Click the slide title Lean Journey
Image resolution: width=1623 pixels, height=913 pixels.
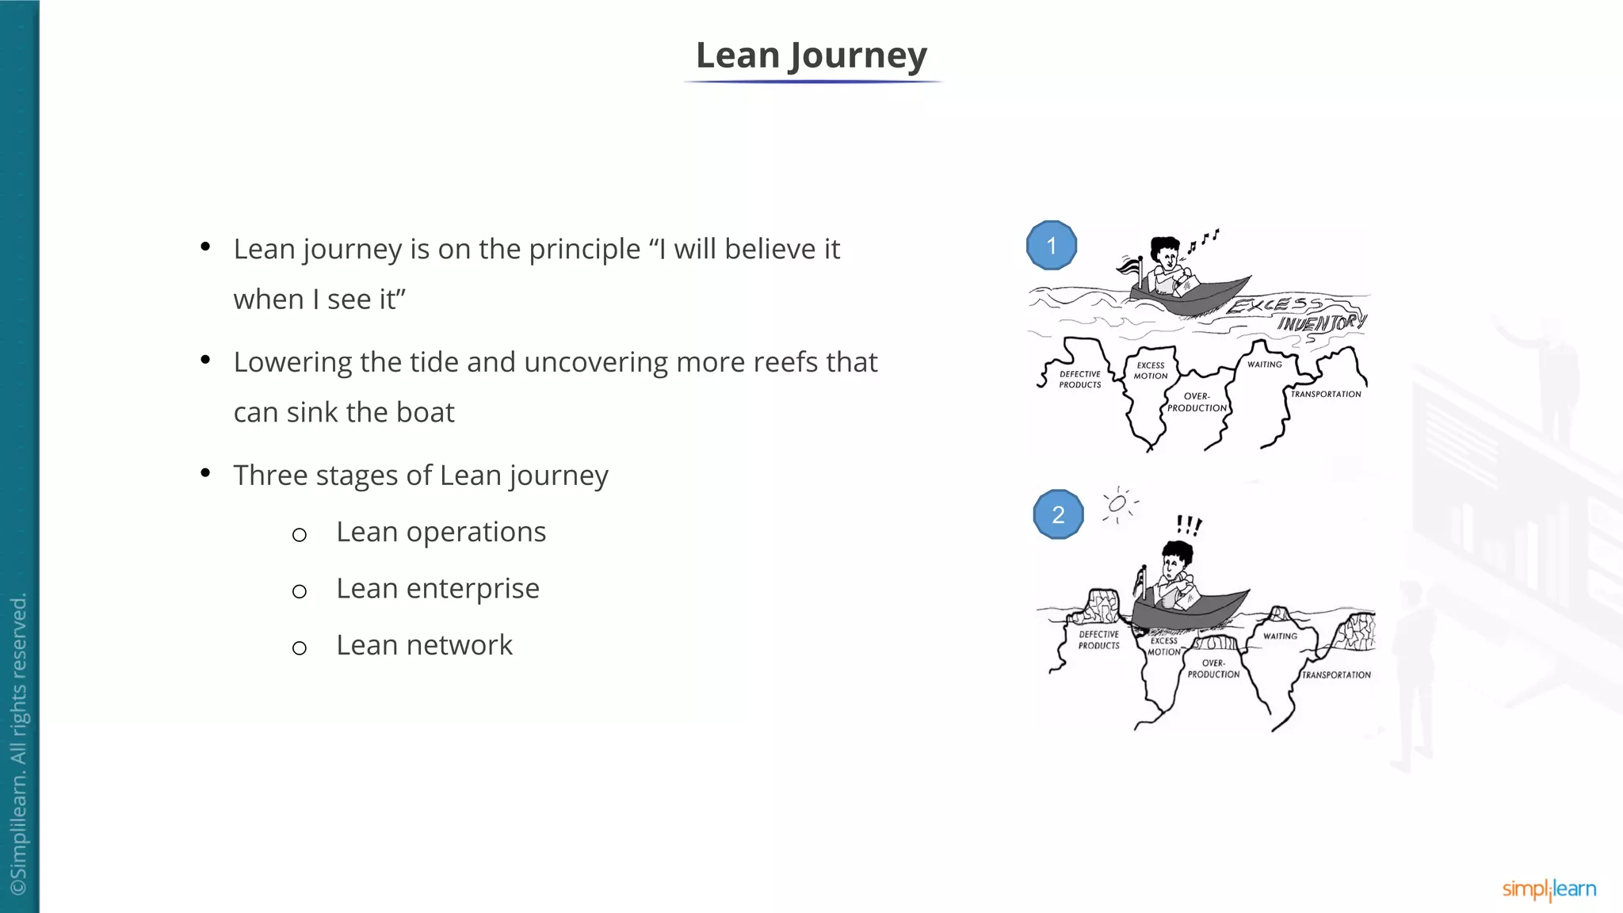click(x=811, y=55)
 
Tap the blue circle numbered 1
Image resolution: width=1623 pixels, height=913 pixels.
click(x=1052, y=246)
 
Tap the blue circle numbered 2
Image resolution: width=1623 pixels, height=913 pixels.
click(x=1058, y=515)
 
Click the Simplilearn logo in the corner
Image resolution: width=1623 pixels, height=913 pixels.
click(x=1549, y=889)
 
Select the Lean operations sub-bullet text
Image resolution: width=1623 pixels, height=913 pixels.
click(x=441, y=532)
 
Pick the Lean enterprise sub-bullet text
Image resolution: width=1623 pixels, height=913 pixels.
click(x=437, y=589)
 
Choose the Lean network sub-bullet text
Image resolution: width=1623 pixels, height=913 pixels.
click(x=424, y=645)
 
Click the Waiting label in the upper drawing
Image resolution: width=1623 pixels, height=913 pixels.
click(x=1264, y=365)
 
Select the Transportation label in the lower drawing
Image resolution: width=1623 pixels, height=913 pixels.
click(x=1336, y=675)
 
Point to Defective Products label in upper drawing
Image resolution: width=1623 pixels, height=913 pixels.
click(x=1080, y=380)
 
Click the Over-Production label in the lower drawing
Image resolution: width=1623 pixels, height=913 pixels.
click(x=1213, y=669)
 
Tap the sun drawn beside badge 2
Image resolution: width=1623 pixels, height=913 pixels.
click(x=1117, y=504)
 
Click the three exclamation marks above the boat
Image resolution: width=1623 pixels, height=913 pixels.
click(x=1189, y=525)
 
